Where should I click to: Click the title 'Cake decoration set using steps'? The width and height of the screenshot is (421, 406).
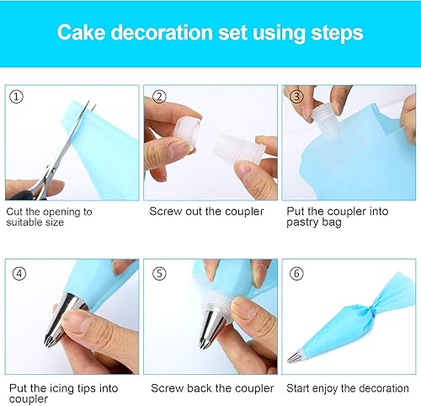tap(210, 33)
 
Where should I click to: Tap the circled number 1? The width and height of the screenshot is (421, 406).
tap(16, 97)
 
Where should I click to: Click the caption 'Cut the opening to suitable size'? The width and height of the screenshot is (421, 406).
tap(49, 217)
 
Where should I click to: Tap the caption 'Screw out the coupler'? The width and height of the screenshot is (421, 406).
tap(206, 211)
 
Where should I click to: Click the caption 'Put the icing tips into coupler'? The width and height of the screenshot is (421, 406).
tap(63, 393)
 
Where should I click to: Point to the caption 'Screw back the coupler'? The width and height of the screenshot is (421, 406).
tap(212, 388)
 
